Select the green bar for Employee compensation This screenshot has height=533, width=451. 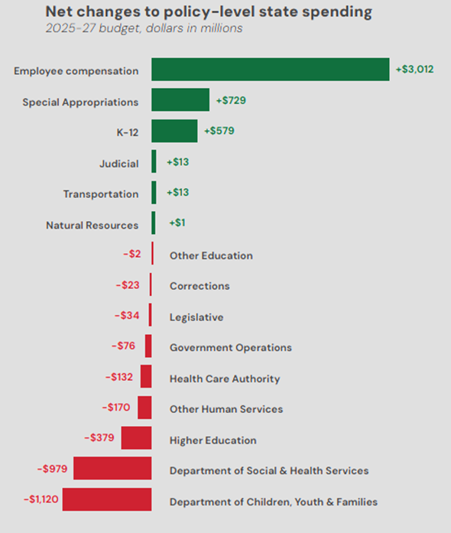(x=270, y=70)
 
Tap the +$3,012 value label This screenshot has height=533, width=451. (x=414, y=70)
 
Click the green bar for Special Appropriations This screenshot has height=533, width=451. (x=180, y=100)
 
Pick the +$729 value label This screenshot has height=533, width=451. (x=230, y=100)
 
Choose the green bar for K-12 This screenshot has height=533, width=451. (x=174, y=131)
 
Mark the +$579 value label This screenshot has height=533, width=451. (x=219, y=131)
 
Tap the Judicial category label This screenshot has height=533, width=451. (x=118, y=163)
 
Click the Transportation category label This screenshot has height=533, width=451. (x=101, y=194)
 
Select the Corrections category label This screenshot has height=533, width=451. (x=200, y=286)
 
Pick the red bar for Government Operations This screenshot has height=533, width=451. (x=148, y=346)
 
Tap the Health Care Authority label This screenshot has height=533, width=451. (x=225, y=379)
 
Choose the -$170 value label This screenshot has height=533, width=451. (x=116, y=408)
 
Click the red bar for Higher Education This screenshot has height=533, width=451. (x=137, y=438)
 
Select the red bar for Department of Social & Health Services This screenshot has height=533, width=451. (x=112, y=469)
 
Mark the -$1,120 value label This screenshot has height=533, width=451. (x=40, y=499)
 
